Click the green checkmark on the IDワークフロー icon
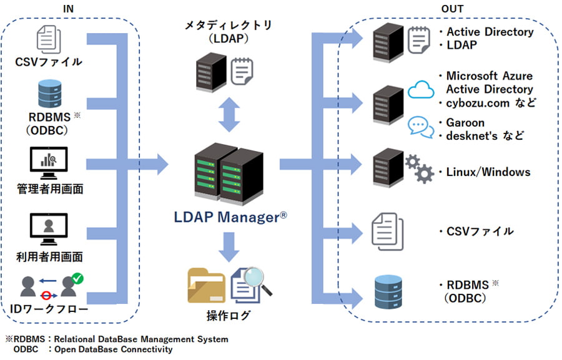(x=78, y=278)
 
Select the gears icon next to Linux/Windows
(x=419, y=168)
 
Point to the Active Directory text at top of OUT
(x=489, y=32)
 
